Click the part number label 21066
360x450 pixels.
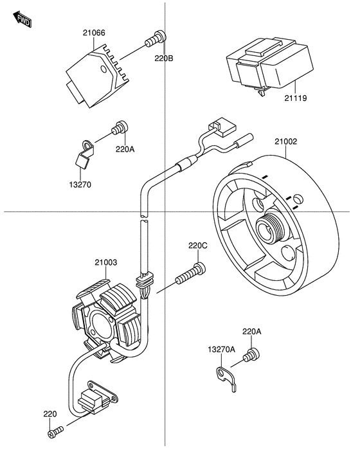click(x=94, y=33)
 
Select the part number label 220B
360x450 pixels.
click(x=164, y=59)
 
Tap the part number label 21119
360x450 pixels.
click(x=296, y=98)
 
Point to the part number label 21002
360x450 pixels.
click(x=286, y=141)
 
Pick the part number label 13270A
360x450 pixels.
click(x=222, y=349)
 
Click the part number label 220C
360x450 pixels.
click(x=198, y=246)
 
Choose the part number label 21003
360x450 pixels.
click(x=106, y=262)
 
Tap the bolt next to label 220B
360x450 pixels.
click(x=156, y=39)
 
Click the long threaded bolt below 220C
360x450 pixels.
click(x=191, y=274)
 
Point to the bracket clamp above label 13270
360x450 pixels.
click(x=85, y=153)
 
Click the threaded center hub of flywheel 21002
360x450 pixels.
click(x=270, y=228)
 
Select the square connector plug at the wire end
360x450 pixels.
click(x=222, y=126)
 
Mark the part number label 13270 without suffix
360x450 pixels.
click(x=80, y=184)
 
